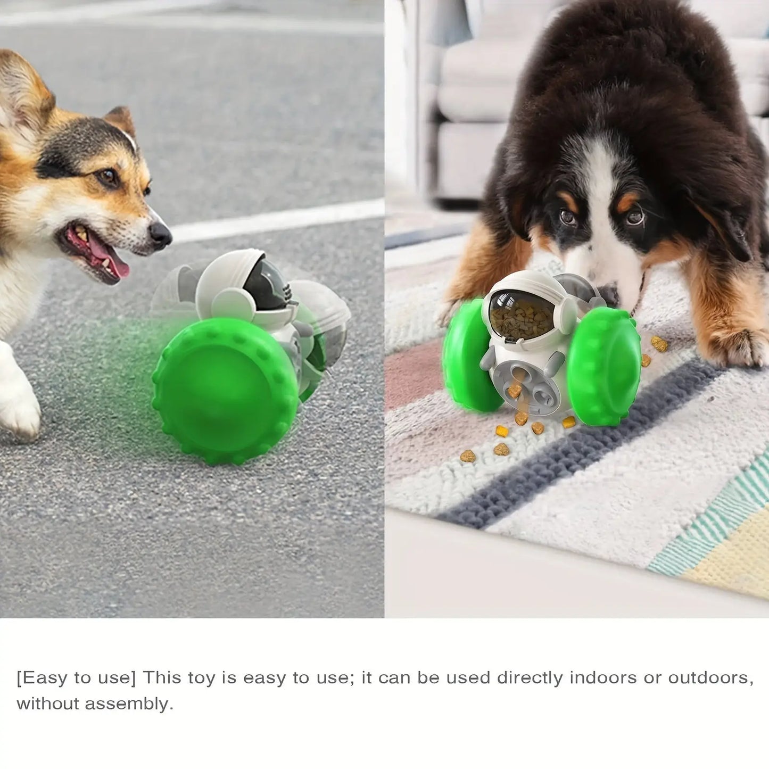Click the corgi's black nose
160,235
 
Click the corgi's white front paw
18,403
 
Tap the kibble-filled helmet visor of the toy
522,315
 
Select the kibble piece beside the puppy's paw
659,344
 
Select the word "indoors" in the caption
603,678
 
